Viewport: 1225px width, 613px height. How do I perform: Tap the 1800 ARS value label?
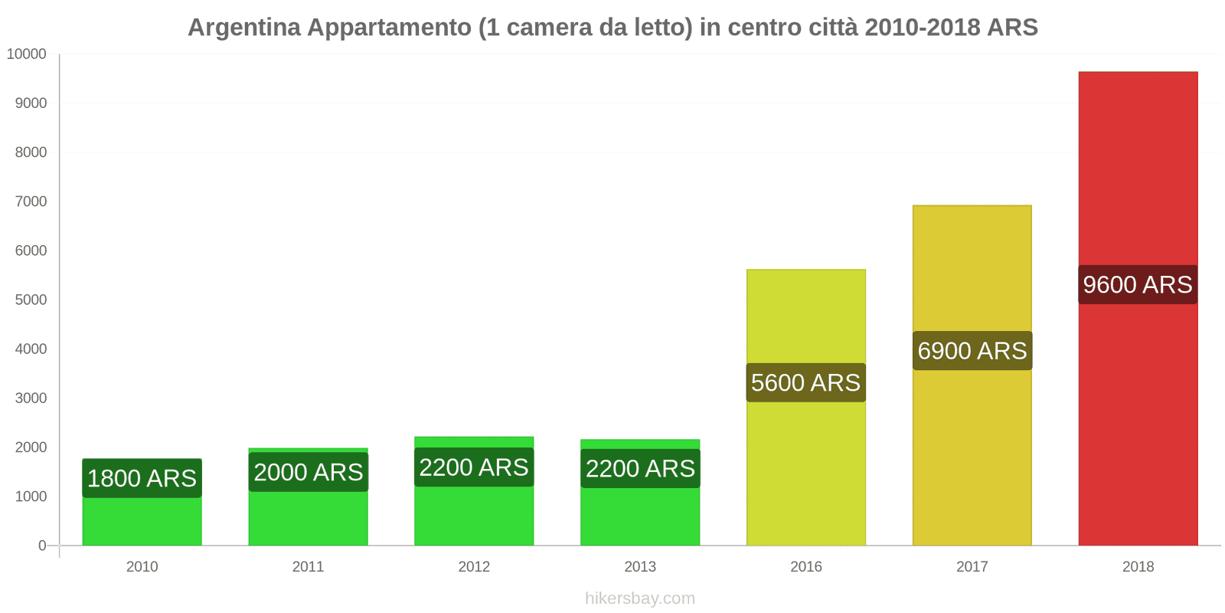tap(142, 478)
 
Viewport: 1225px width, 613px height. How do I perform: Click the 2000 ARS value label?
tap(308, 472)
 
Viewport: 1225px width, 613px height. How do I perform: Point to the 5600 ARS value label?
tap(805, 382)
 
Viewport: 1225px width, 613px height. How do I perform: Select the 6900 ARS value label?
tap(972, 351)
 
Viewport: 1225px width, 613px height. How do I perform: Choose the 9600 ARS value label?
tap(1137, 284)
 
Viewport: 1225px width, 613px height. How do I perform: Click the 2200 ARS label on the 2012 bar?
tap(474, 467)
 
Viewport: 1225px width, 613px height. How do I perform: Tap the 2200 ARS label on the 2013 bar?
tap(640, 468)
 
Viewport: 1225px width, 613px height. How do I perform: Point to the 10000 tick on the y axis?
tap(27, 54)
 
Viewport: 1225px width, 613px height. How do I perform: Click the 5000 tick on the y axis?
tap(31, 300)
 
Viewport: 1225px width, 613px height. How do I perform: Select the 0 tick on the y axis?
tap(42, 546)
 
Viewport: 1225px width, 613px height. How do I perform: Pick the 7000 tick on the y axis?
tap(31, 202)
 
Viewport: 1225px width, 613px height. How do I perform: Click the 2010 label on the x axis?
tap(142, 567)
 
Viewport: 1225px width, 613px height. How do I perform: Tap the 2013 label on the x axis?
tap(640, 567)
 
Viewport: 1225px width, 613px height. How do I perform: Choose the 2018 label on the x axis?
tap(1138, 567)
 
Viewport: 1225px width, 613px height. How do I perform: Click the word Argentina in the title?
tap(244, 28)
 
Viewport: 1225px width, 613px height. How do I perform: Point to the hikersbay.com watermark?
tap(640, 598)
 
